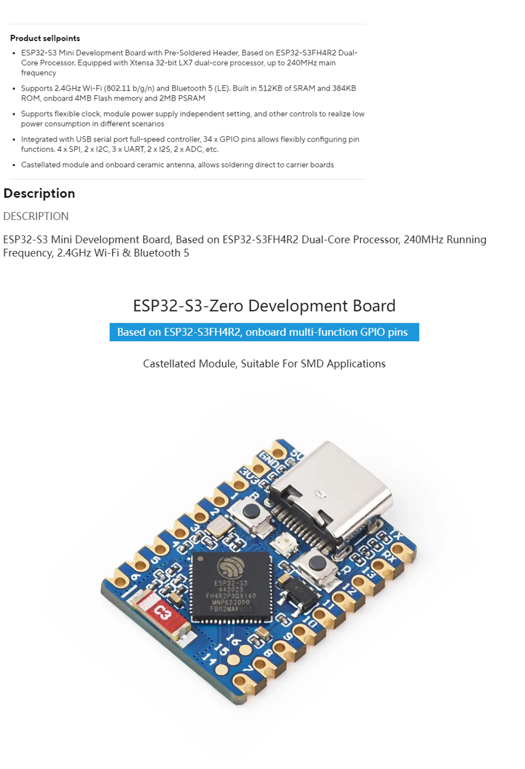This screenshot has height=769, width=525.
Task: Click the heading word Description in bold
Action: (39, 193)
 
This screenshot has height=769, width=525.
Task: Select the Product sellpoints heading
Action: (45, 38)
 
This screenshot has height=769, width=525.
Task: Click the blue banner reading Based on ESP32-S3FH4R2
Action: (264, 332)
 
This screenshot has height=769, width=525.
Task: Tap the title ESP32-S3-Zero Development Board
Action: (264, 306)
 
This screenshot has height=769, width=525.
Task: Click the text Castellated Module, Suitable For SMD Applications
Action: (264, 364)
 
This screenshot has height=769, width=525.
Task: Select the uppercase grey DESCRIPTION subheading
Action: (36, 216)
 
